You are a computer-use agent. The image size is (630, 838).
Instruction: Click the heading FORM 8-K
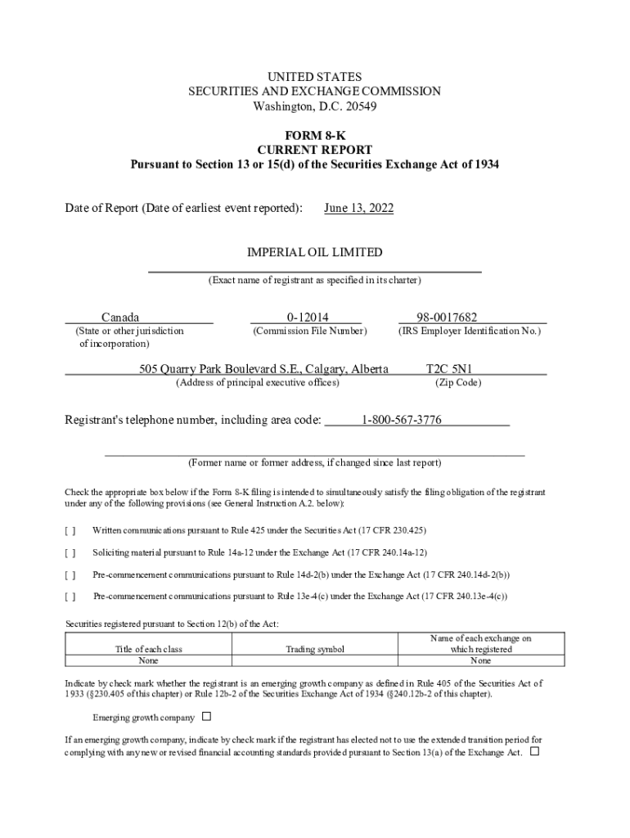coord(314,135)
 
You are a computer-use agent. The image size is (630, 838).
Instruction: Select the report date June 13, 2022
coord(358,209)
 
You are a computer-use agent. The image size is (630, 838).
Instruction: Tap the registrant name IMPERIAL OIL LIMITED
coord(314,253)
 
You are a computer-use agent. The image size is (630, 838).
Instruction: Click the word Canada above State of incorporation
coord(120,318)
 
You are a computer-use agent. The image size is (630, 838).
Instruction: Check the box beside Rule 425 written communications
coord(70,530)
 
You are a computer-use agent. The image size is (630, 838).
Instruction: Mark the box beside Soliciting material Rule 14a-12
coord(70,552)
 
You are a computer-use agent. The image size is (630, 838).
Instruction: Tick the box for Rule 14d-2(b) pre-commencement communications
coord(70,574)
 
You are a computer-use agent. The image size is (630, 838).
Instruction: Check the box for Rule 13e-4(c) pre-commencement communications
coord(70,597)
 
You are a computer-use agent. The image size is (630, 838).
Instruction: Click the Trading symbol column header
coord(315,649)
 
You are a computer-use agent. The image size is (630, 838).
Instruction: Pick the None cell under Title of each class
coord(148,660)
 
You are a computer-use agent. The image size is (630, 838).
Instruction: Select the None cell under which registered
coord(480,660)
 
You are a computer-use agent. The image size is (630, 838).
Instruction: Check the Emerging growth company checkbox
coord(206,717)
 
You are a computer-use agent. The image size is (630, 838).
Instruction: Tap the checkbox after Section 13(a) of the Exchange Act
coord(535,751)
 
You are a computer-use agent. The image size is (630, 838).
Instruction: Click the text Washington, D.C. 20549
coord(314,106)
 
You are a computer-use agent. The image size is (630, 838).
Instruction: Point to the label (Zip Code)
coord(457,383)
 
